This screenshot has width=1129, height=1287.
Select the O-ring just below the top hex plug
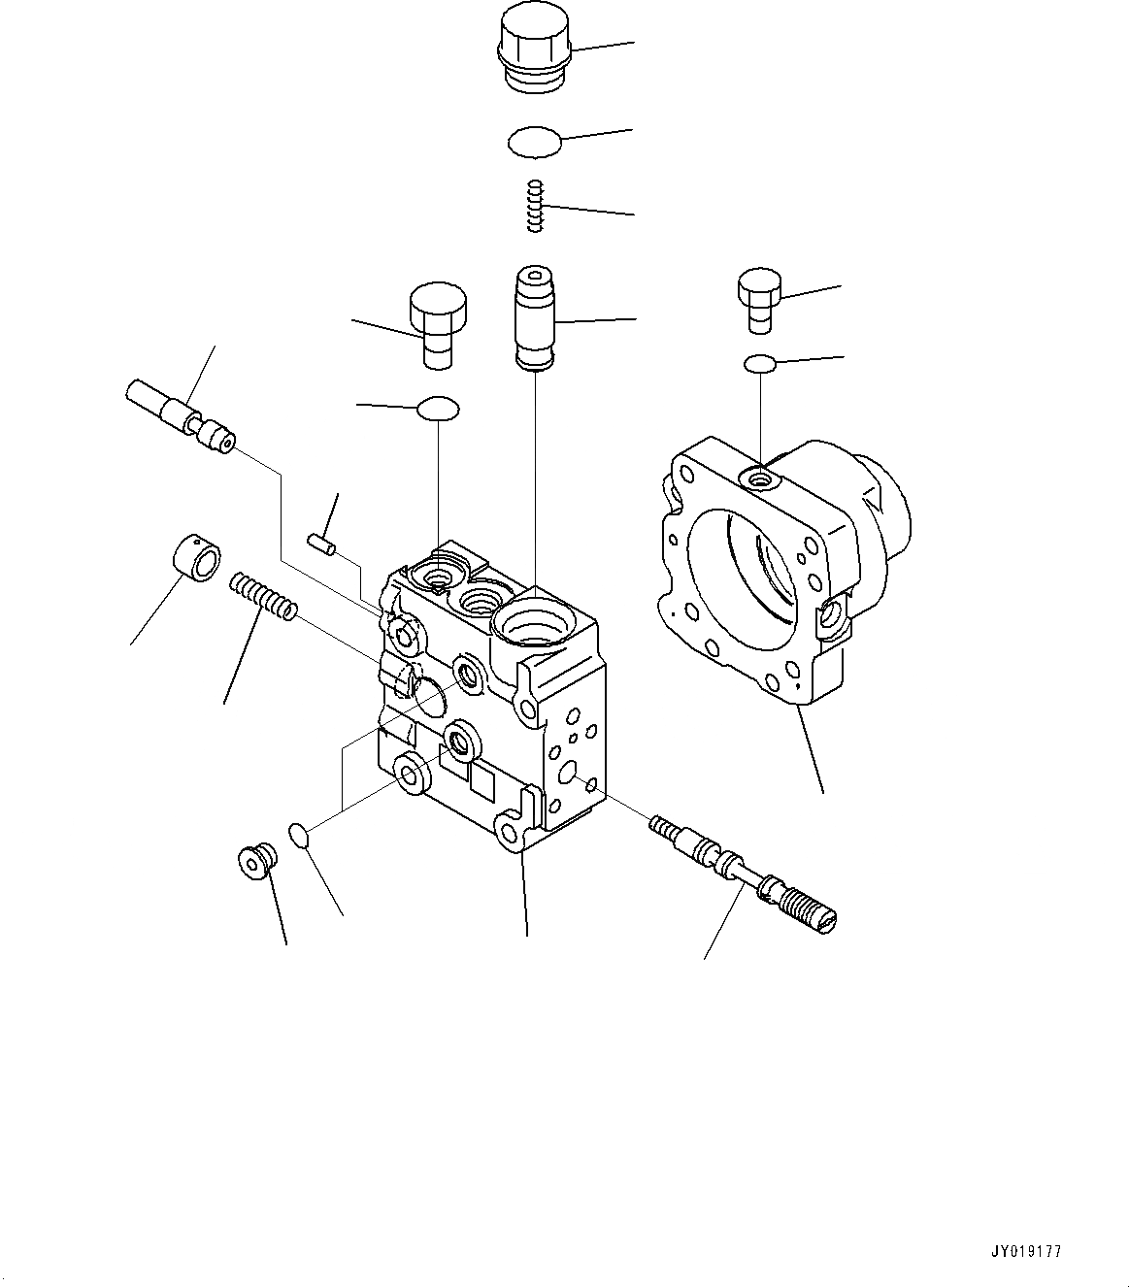(x=535, y=143)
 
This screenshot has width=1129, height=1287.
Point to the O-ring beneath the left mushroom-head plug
(x=438, y=409)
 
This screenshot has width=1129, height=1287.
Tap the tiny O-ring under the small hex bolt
(x=760, y=364)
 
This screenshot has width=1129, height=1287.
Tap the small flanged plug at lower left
(x=256, y=860)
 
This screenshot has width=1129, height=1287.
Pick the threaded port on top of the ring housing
(x=759, y=477)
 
